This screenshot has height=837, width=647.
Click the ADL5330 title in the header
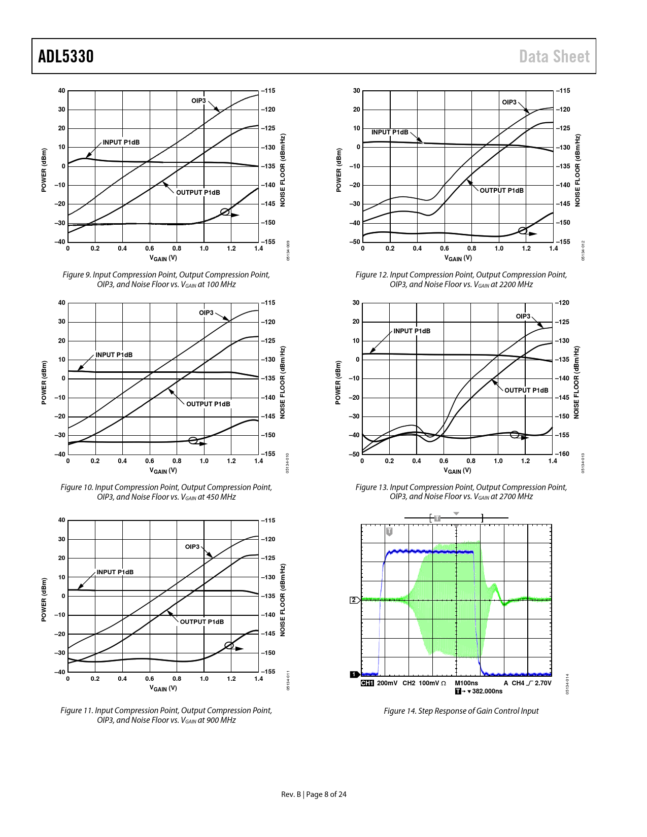(x=66, y=56)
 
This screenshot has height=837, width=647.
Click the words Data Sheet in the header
(x=554, y=56)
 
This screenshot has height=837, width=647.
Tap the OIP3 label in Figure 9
(x=198, y=100)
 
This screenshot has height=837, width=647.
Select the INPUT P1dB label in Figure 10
(x=114, y=355)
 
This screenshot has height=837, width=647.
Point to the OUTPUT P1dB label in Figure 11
(x=201, y=621)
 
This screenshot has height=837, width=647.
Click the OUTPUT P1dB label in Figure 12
(x=501, y=190)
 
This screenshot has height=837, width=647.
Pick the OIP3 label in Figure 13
(x=523, y=316)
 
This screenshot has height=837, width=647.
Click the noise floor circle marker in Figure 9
(x=225, y=212)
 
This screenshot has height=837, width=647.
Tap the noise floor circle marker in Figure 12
(x=523, y=231)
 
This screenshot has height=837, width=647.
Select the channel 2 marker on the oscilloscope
(x=354, y=600)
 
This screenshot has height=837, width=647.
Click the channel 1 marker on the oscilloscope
(x=354, y=674)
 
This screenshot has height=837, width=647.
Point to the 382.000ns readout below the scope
(x=487, y=691)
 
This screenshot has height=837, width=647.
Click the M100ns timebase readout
(x=466, y=683)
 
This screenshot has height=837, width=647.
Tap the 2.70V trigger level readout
(x=542, y=683)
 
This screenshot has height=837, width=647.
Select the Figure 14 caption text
(x=461, y=711)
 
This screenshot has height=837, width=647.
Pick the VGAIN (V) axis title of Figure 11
(x=163, y=688)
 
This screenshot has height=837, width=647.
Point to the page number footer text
(x=314, y=794)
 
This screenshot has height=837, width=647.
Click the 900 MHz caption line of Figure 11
(x=166, y=720)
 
